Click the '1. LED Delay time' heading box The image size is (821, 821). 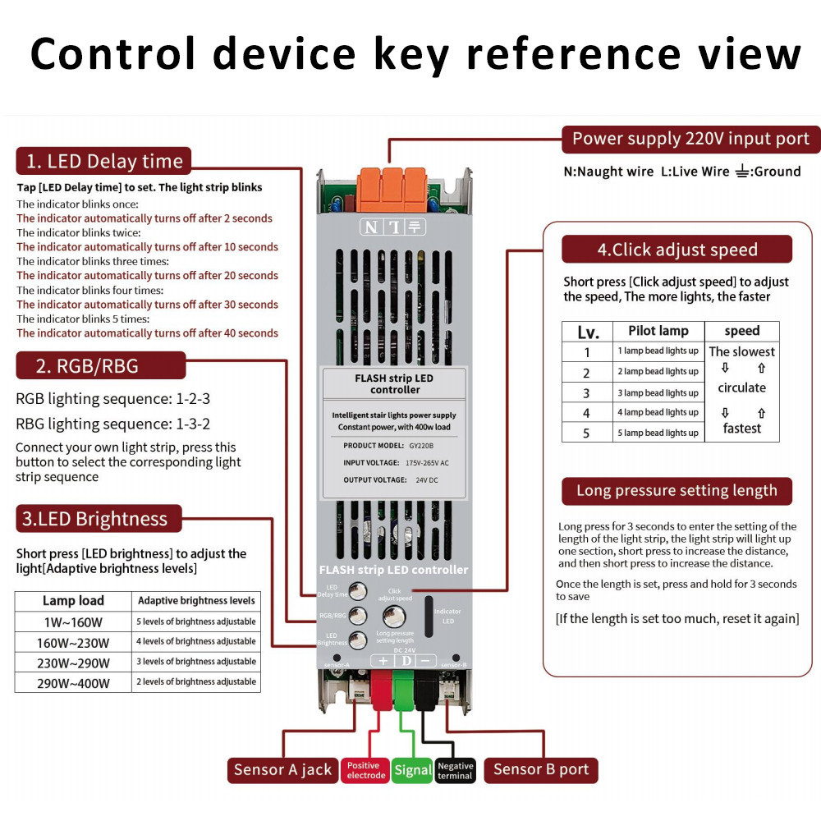(103, 161)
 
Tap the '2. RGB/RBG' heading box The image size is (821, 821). (100, 365)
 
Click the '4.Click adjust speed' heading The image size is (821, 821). (677, 250)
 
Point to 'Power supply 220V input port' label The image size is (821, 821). (690, 140)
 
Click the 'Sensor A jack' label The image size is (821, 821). (282, 770)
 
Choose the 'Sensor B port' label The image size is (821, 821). (540, 770)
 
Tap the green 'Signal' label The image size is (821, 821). (412, 770)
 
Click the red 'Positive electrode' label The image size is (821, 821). (365, 770)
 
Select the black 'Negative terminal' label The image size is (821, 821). (455, 770)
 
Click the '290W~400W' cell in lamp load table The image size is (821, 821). (73, 682)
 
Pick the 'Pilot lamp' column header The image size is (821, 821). (658, 331)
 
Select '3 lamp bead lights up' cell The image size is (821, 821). (658, 392)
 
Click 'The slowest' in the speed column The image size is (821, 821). (741, 351)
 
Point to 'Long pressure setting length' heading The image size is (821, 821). (677, 491)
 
